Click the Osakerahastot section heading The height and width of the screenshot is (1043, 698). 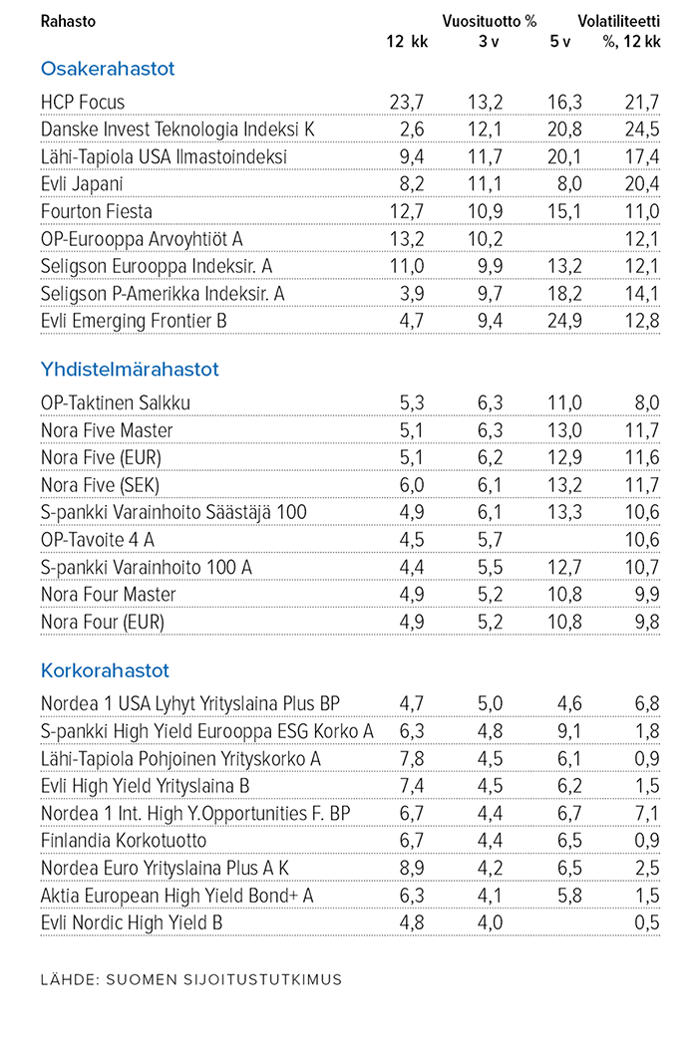pos(108,69)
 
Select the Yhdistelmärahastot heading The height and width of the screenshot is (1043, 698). pos(130,370)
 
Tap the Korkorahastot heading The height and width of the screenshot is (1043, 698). pos(105,670)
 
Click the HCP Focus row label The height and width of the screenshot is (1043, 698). pos(83,103)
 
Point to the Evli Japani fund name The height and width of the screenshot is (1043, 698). pos(81,184)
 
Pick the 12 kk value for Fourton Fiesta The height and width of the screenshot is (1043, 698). pos(406,212)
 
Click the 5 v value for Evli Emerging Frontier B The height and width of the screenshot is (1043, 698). pos(564,322)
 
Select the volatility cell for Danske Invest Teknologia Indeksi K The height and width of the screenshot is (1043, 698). pos(642,130)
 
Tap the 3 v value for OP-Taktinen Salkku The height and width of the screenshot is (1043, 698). pos(490,403)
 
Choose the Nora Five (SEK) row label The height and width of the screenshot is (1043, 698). pos(100,485)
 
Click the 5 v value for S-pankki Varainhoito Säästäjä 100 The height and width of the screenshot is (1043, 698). pos(564,513)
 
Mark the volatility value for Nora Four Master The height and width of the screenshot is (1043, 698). pos(647,595)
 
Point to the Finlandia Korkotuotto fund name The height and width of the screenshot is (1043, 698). pos(124,841)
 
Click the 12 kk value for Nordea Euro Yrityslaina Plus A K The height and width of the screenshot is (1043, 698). pos(412,868)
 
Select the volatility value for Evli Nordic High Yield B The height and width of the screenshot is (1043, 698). pos(647,923)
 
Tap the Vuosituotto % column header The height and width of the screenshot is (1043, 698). pos(489,21)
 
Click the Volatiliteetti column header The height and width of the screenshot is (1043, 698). pos(619,21)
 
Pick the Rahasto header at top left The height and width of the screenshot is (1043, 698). pos(68,21)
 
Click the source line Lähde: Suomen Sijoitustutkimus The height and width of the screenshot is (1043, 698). pos(191,980)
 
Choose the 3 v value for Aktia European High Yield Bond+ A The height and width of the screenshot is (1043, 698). pos(490,896)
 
